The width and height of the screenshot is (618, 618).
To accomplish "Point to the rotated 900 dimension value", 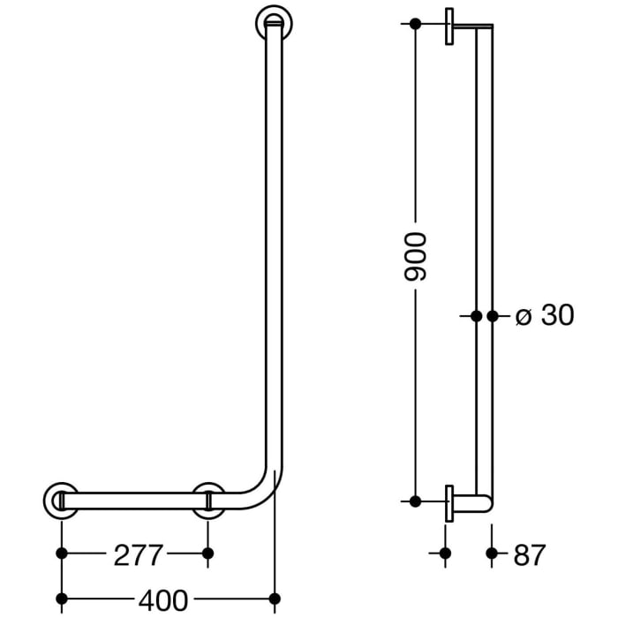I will (415, 257).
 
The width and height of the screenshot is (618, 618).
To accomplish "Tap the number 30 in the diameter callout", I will (557, 315).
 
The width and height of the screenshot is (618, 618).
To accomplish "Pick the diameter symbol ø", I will (522, 316).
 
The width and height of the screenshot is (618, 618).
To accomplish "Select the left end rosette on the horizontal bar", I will (60, 501).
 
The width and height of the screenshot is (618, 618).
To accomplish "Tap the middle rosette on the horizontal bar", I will (208, 501).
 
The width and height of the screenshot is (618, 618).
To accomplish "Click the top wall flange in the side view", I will (450, 26).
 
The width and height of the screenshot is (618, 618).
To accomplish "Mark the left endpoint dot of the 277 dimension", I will (61, 554).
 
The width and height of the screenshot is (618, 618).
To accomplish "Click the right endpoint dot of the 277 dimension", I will (208, 554).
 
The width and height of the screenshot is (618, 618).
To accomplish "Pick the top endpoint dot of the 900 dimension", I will (415, 24).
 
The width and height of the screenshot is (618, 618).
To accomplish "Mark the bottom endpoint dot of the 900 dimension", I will (415, 501).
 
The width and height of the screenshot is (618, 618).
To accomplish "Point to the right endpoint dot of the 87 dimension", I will (492, 554).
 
